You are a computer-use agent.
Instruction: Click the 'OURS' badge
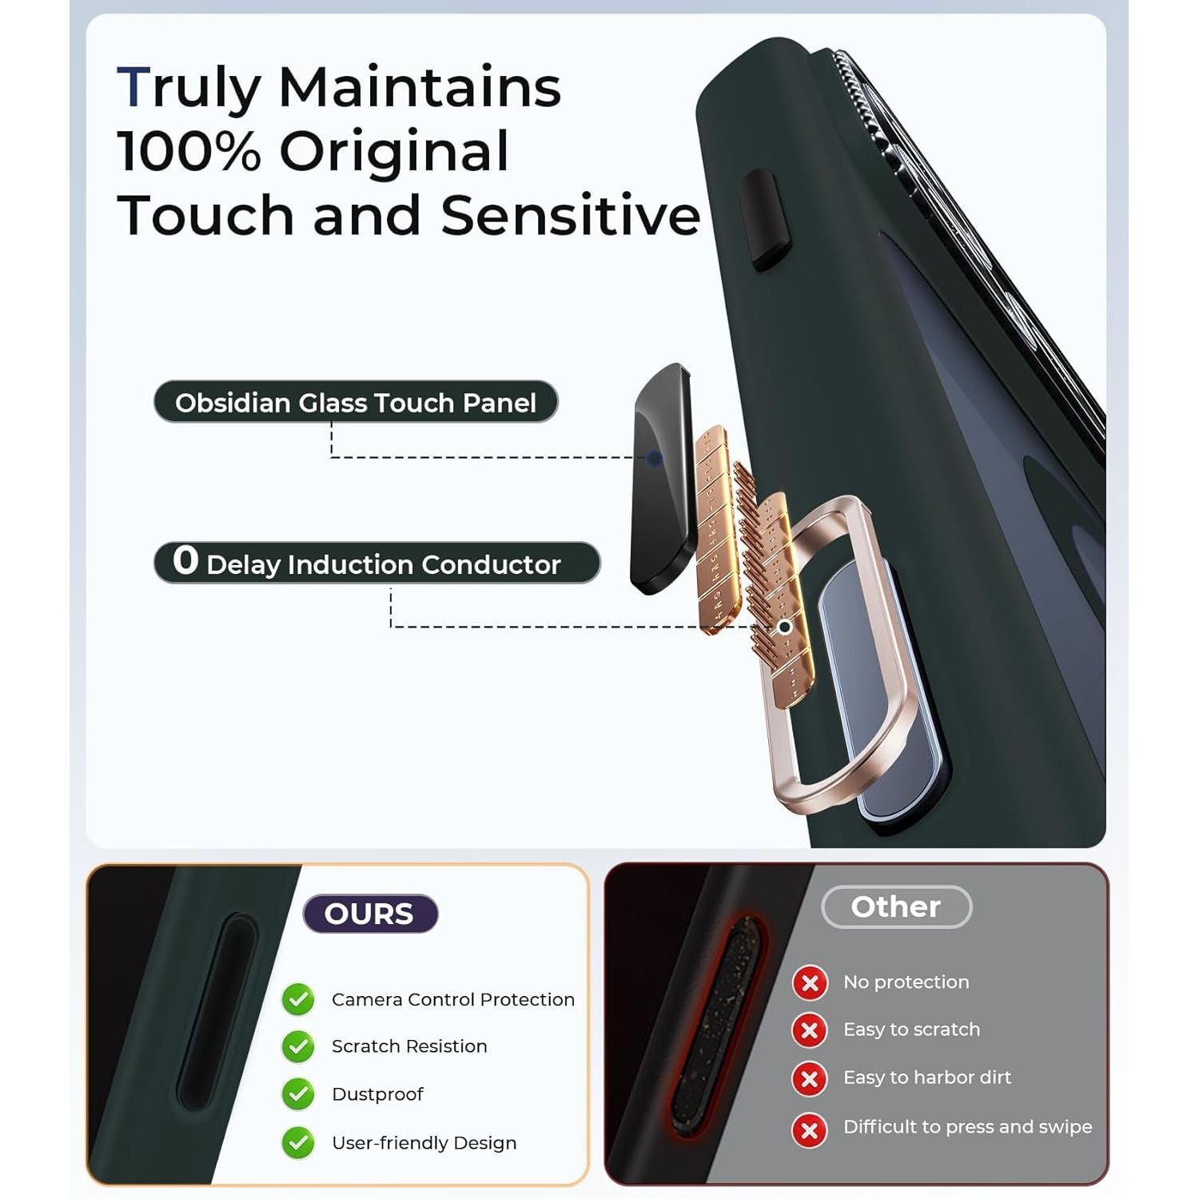(370, 913)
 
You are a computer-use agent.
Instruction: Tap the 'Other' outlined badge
(896, 906)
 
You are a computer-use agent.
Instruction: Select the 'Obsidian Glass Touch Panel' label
(356, 402)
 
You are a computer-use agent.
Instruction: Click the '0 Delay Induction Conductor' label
(376, 563)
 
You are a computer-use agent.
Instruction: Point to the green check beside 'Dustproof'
(298, 1094)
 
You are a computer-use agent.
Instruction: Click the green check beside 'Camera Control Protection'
(298, 999)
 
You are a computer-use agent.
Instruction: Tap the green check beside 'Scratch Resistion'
(298, 1046)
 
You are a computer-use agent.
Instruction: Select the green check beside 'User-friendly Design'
(298, 1143)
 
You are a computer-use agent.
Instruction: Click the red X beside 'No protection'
(810, 982)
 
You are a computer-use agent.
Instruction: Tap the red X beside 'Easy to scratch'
(810, 1030)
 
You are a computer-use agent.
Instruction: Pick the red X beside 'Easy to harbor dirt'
(810, 1079)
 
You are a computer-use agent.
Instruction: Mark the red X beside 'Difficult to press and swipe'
(810, 1129)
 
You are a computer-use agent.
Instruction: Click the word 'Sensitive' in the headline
(571, 215)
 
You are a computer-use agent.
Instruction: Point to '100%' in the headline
(189, 151)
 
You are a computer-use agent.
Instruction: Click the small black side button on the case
(765, 219)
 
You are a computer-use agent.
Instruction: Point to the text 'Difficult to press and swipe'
(967, 1126)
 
